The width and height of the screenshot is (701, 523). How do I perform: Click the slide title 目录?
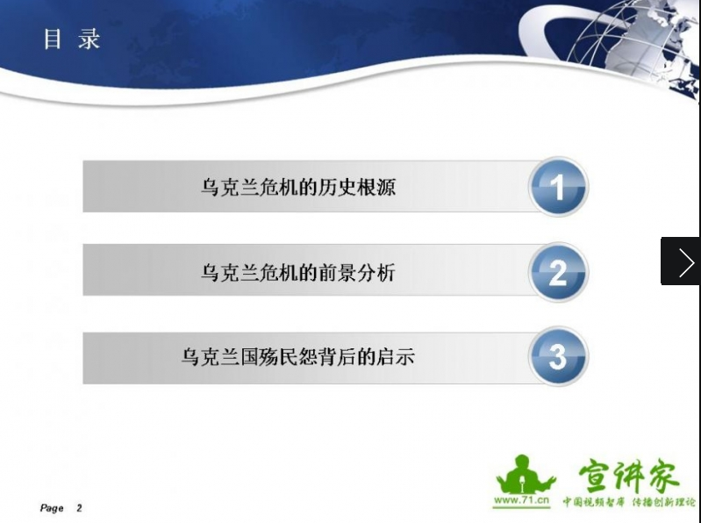[x=72, y=39]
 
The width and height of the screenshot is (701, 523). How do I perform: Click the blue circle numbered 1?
[x=558, y=187]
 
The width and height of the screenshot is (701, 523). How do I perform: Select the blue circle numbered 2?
[x=558, y=272]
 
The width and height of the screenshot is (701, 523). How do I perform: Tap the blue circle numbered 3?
[x=558, y=356]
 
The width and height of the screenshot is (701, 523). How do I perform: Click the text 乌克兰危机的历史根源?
[x=298, y=187]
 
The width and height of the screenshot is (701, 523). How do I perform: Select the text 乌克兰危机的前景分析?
[x=298, y=272]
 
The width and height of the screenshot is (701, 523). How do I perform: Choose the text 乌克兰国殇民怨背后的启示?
[x=298, y=357]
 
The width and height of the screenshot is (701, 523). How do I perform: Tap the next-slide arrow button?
[x=681, y=261]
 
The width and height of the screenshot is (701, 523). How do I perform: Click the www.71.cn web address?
[x=521, y=500]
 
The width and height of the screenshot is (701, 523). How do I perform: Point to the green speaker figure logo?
[x=525, y=474]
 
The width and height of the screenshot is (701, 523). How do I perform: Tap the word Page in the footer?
[x=52, y=508]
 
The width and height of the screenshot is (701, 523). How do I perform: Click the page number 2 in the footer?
[x=79, y=508]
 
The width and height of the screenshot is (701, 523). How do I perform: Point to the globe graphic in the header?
[x=635, y=42]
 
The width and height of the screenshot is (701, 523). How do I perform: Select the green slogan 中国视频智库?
[x=593, y=502]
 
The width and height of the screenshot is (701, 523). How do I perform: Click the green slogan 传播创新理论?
[x=664, y=502]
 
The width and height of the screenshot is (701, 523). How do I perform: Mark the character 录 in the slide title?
[x=89, y=39]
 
